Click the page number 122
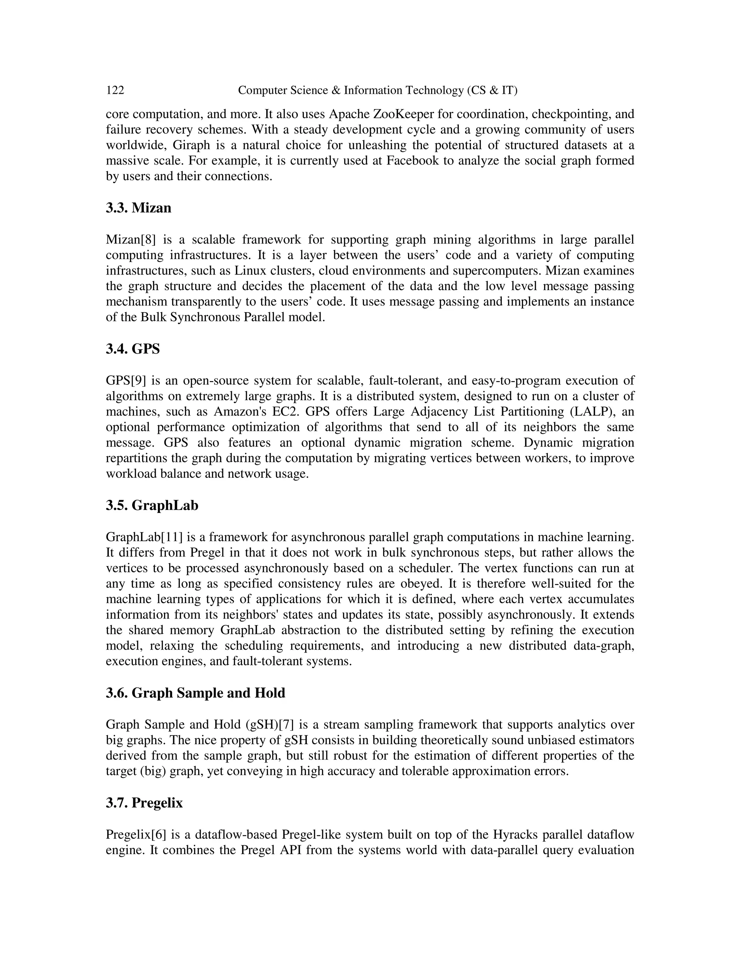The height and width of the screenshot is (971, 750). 115,90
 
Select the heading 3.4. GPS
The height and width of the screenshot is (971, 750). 133,348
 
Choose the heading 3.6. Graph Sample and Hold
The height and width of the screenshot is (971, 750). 196,693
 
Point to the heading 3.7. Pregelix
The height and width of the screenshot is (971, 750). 144,802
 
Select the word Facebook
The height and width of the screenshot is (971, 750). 412,160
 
